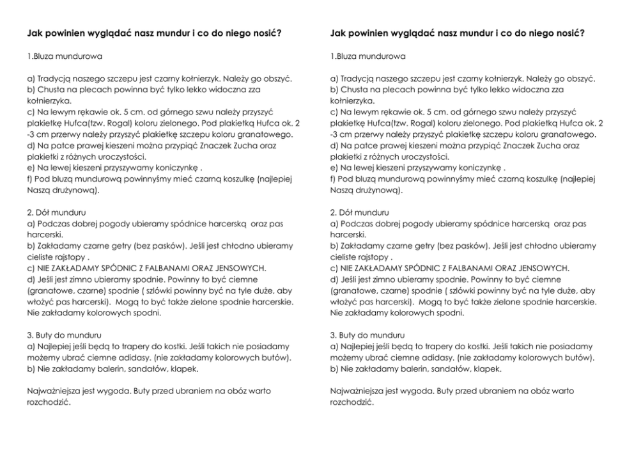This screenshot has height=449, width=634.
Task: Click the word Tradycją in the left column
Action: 54,79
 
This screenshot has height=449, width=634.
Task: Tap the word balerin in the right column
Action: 399,369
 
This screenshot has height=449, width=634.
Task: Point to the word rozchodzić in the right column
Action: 352,402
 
